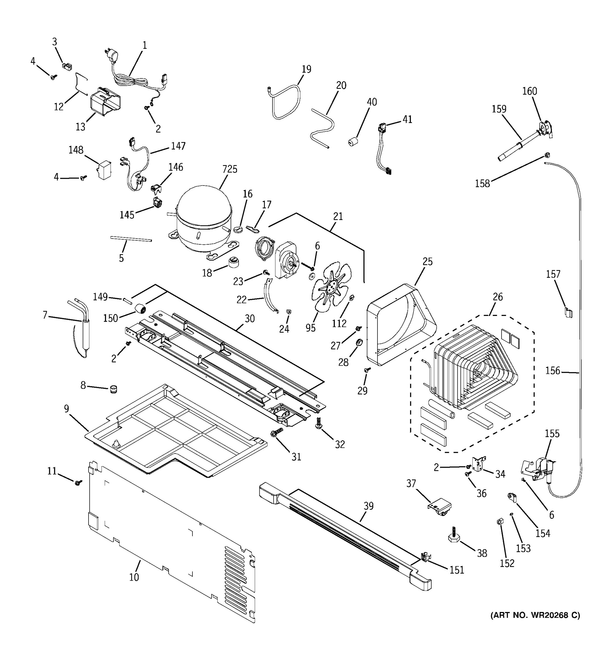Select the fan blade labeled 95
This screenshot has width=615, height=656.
pyautogui.click(x=331, y=286)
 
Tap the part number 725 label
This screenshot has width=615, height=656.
pyautogui.click(x=230, y=169)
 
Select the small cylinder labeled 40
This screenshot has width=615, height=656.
pyautogui.click(x=353, y=142)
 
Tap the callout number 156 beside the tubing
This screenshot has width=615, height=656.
pyautogui.click(x=552, y=371)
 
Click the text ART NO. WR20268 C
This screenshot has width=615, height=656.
pyautogui.click(x=535, y=615)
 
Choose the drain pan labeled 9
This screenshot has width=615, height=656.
pyautogui.click(x=175, y=432)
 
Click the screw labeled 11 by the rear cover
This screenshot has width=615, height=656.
pyautogui.click(x=78, y=482)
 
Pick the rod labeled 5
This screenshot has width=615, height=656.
pyautogui.click(x=131, y=239)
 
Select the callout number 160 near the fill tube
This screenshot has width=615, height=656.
pyautogui.click(x=529, y=91)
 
